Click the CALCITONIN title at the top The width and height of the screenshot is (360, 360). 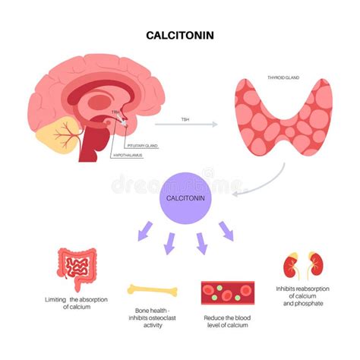[180, 35]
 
